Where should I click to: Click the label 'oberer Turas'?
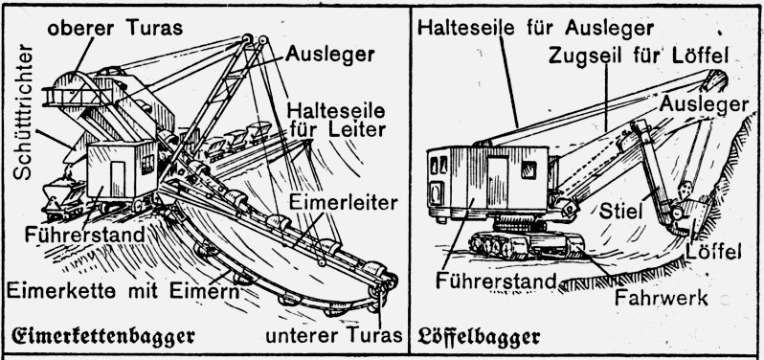pos(115,29)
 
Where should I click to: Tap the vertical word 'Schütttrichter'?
pos(23,112)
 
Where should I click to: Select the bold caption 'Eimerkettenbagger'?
pos(103,337)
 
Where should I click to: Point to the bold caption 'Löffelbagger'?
pos(479,336)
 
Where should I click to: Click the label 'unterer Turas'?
pos(334,335)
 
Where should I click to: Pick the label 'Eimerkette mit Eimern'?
pos(124,291)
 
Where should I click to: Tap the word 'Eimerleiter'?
pos(343,203)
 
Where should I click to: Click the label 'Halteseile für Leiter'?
pos(337,120)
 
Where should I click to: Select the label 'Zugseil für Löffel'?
pos(639,56)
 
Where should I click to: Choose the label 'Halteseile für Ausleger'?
pos(535,28)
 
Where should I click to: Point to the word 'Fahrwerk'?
pos(661,297)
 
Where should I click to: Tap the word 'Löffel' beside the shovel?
pos(713,252)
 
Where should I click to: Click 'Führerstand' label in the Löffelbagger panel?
pos(496,281)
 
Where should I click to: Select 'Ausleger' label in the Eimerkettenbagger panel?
pos(330,54)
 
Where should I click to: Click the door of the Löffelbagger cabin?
pos(498,183)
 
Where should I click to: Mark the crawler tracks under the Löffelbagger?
pos(528,244)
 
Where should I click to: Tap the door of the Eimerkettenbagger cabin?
pos(118,178)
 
